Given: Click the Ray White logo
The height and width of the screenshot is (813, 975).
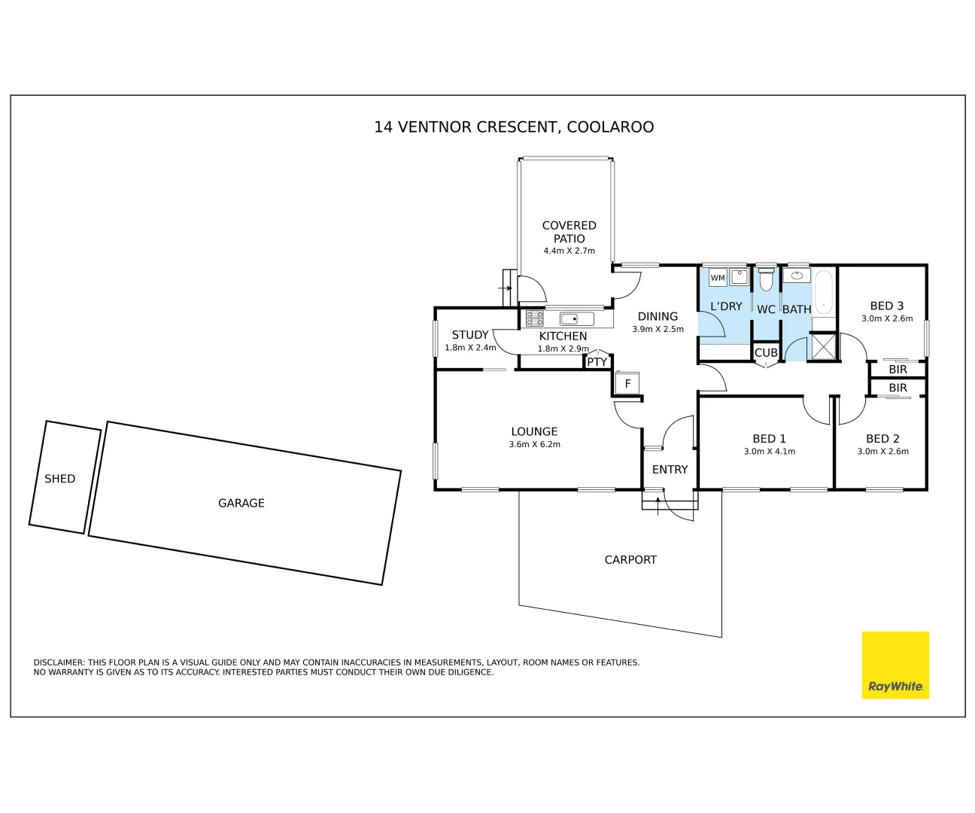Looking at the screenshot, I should (895, 665).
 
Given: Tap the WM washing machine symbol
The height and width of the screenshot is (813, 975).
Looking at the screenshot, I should (718, 278).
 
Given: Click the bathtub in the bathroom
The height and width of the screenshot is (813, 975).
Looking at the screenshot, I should (824, 292).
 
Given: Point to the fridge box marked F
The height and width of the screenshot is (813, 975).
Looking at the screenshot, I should (627, 384).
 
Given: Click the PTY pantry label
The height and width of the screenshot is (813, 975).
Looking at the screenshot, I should (597, 362).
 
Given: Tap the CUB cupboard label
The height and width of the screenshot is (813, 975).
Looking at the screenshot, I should (766, 352).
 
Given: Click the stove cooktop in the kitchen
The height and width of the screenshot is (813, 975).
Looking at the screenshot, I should (534, 318).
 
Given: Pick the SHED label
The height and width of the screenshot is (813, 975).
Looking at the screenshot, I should (60, 479).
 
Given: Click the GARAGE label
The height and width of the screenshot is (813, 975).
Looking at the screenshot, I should (241, 503).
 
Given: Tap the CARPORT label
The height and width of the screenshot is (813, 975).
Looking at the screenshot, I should (630, 559).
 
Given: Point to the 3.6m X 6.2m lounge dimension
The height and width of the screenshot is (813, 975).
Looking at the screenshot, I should (534, 445).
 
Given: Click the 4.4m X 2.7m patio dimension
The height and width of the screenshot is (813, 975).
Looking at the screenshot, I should (569, 251).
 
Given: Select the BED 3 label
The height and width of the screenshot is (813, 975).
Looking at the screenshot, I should (886, 306).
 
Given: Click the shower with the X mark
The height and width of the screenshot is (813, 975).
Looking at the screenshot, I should (824, 346).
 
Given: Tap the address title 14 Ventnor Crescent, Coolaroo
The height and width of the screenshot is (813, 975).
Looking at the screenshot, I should (514, 127).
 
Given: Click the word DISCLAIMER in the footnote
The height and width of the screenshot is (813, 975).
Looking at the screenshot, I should (59, 662).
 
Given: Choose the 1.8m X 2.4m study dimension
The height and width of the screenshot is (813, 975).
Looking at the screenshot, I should (470, 348).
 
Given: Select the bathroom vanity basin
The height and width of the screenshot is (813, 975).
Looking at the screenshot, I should (796, 276).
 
